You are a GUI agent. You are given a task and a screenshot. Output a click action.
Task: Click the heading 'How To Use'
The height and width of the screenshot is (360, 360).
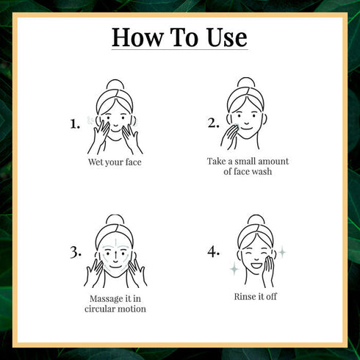tap(179, 37)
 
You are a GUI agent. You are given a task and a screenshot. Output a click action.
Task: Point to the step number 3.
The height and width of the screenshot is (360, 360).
tap(75, 252)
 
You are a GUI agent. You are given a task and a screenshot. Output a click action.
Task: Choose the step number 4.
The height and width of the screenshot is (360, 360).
tap(213, 252)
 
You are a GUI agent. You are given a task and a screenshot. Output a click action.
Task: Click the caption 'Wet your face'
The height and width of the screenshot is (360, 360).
tap(113, 162)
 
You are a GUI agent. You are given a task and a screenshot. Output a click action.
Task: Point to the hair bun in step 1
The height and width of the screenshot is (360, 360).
tap(114, 85)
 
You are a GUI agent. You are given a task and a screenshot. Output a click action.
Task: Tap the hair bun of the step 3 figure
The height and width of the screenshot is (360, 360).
tap(114, 220)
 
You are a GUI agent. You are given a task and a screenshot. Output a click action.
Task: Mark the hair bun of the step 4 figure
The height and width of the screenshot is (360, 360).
tap(254, 220)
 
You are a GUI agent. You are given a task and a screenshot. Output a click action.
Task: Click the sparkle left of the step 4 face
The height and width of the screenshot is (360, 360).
tap(234, 270)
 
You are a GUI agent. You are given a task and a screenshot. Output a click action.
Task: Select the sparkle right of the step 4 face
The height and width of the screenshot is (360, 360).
tap(281, 251)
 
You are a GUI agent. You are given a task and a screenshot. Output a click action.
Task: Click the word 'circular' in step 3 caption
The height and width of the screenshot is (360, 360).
tap(102, 309)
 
